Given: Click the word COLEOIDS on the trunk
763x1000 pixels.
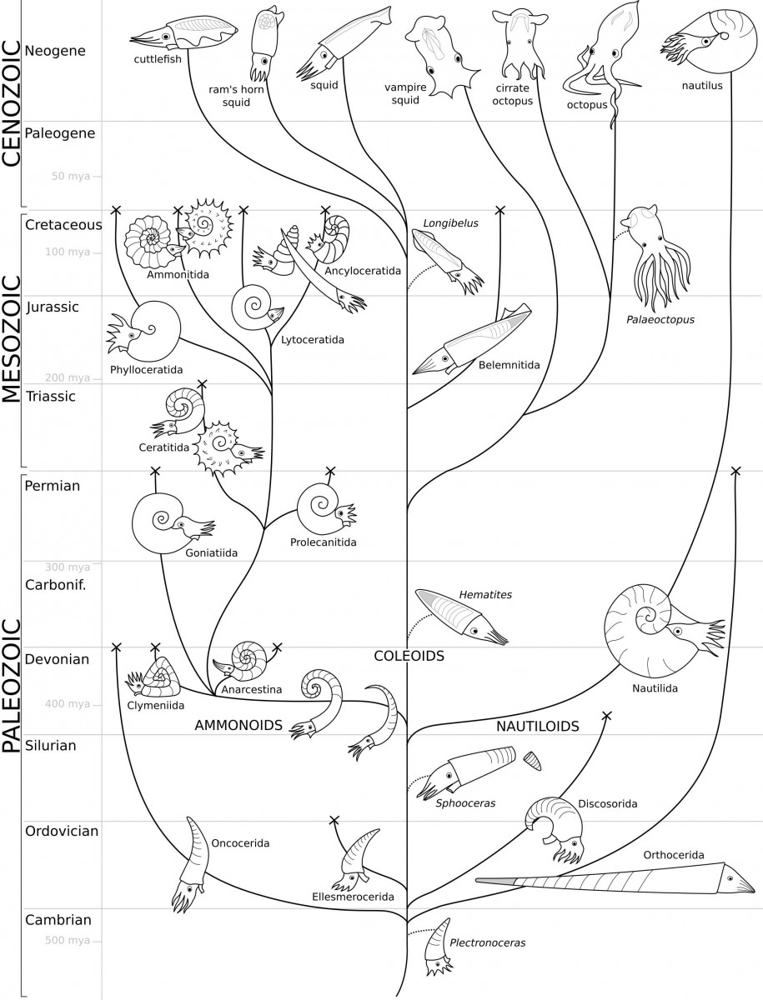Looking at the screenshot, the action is pyautogui.click(x=409, y=656).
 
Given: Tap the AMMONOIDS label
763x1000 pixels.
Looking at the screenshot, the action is pyautogui.click(x=238, y=725).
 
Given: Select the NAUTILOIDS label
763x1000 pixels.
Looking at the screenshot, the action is pyautogui.click(x=537, y=726).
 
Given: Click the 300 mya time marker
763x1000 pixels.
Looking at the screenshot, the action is pyautogui.click(x=68, y=567).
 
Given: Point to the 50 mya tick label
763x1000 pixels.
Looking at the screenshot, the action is pyautogui.click(x=71, y=176).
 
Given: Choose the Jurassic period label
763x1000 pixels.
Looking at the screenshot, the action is pyautogui.click(x=53, y=307).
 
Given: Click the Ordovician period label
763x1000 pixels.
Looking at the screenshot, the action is pyautogui.click(x=62, y=831).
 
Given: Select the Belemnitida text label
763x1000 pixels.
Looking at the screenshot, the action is pyautogui.click(x=509, y=365).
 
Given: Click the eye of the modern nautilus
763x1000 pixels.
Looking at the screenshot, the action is pyautogui.click(x=706, y=42).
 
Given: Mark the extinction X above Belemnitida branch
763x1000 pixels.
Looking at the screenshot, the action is pyautogui.click(x=500, y=210).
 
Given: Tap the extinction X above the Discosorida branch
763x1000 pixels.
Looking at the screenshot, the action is pyautogui.click(x=606, y=716).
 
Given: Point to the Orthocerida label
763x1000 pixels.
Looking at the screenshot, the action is pyautogui.click(x=673, y=855).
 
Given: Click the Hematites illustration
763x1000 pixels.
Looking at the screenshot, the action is pyautogui.click(x=462, y=617).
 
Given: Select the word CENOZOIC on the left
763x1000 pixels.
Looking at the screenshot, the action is pyautogui.click(x=12, y=103).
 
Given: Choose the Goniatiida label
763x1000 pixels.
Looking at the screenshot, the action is pyautogui.click(x=211, y=553).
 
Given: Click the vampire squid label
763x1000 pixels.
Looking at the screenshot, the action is pyautogui.click(x=405, y=93).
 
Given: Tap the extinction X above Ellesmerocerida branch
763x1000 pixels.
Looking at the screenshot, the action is pyautogui.click(x=334, y=821).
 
